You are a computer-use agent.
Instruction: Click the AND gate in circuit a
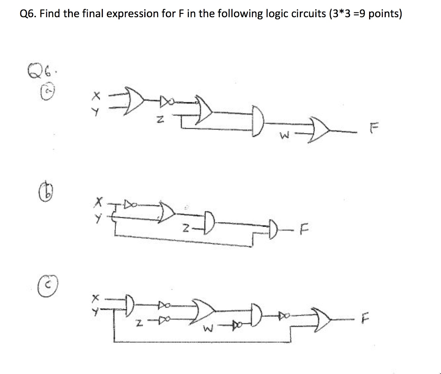tap(258, 125)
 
